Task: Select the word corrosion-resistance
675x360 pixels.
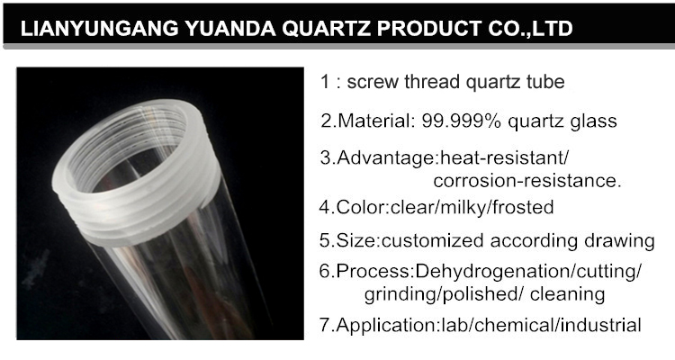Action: tap(527, 181)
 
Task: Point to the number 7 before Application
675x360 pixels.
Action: tap(325, 325)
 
